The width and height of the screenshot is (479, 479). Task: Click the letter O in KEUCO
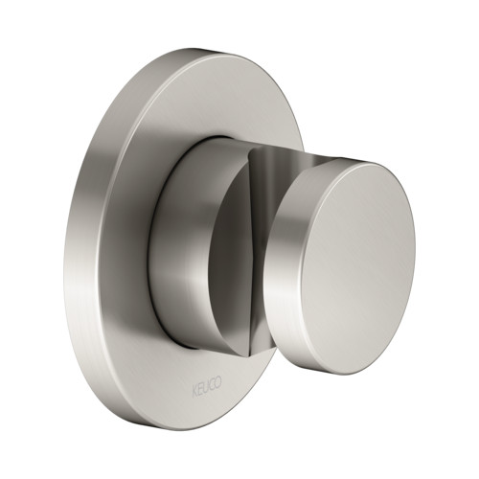218,382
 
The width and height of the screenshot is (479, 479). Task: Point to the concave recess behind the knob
265,179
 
